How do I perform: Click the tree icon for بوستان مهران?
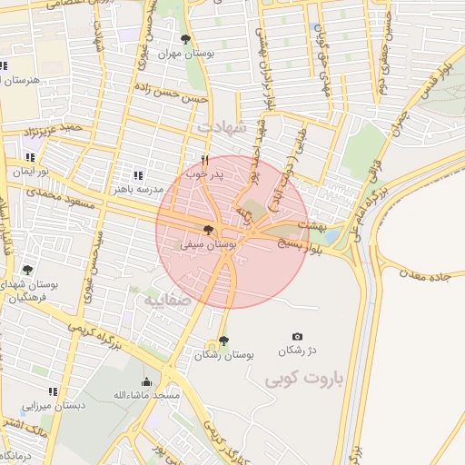coord(186,39)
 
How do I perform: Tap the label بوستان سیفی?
coord(209,244)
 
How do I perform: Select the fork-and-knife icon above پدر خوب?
coord(204,160)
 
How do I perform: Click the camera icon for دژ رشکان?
coord(296,337)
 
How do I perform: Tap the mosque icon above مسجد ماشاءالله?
coord(146,381)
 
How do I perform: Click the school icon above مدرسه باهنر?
coord(137,175)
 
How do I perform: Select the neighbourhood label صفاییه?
coord(163,299)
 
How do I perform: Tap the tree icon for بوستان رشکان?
coord(223,341)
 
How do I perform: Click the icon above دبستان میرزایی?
coord(53,391)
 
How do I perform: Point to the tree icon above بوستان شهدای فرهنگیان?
coord(28,270)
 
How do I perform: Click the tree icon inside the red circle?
coord(209,231)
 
